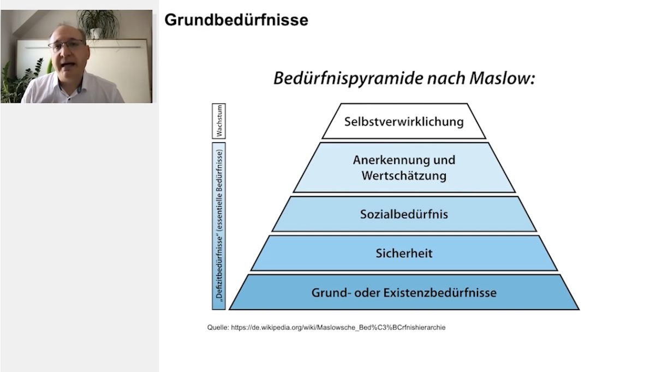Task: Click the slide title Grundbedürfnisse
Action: pos(236,20)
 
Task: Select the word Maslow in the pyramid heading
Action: pos(503,78)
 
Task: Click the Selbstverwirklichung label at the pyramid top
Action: pos(404,121)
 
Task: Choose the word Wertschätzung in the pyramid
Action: pos(404,176)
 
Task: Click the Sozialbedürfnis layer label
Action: pos(404,214)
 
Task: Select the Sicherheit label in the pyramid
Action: pos(404,253)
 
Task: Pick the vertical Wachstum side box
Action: pos(219,121)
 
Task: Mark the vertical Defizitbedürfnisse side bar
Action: pos(219,226)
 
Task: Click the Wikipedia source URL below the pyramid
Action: pos(338,327)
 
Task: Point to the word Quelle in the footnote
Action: pos(218,327)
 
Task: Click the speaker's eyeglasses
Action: pos(67,45)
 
